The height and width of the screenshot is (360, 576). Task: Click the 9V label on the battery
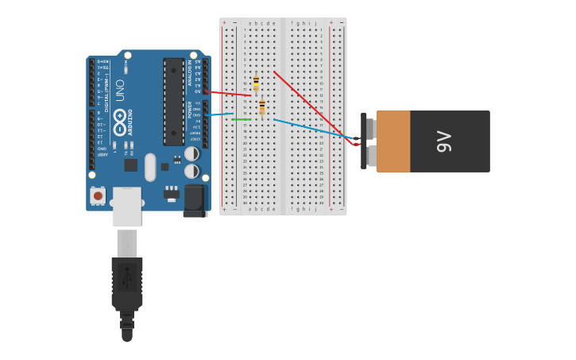coord(444,141)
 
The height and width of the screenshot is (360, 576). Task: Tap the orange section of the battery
coord(393,141)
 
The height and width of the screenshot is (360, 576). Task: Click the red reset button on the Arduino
coord(98,195)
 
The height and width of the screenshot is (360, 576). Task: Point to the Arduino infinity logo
coord(120,122)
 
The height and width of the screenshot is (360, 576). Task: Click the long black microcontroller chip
coord(174,101)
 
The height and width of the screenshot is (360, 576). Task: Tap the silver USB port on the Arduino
coord(126,206)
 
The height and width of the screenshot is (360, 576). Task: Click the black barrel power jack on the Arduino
coord(194,201)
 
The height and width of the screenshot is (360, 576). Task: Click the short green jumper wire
coord(242,120)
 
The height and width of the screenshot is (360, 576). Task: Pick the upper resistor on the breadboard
coord(256,84)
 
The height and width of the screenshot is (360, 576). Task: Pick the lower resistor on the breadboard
coord(262,107)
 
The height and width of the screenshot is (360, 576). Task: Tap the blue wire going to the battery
coord(314,130)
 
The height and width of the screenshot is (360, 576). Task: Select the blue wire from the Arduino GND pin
coord(218,114)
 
